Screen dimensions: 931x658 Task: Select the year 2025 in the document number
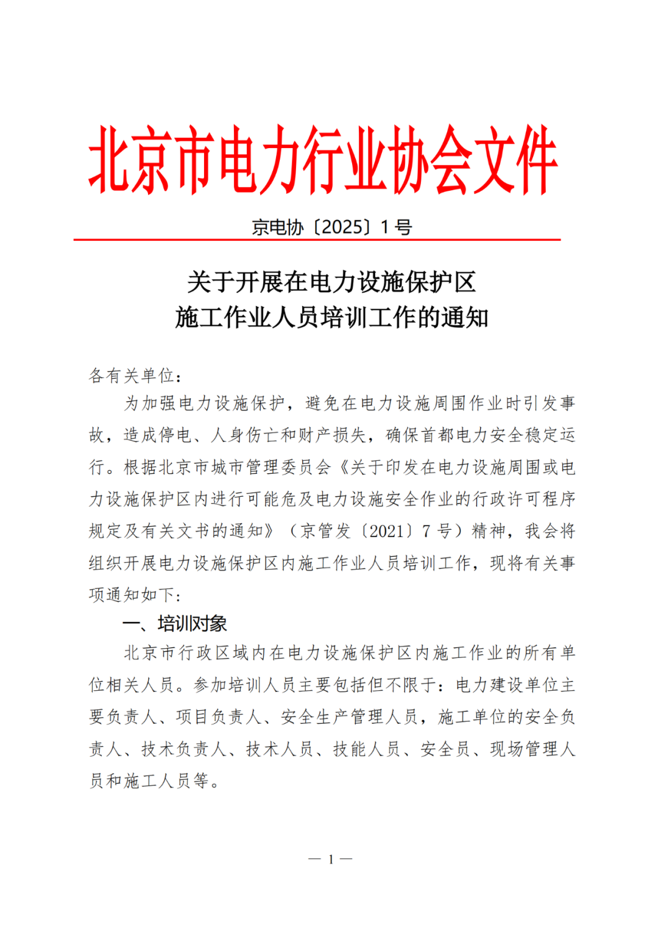tap(342, 227)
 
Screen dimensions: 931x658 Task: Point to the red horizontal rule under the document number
tap(317, 240)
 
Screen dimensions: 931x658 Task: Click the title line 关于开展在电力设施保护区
tap(331, 282)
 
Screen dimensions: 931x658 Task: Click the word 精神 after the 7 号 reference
tap(489, 531)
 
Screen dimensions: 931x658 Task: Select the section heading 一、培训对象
tap(175, 623)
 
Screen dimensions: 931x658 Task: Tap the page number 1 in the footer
tap(331, 859)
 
